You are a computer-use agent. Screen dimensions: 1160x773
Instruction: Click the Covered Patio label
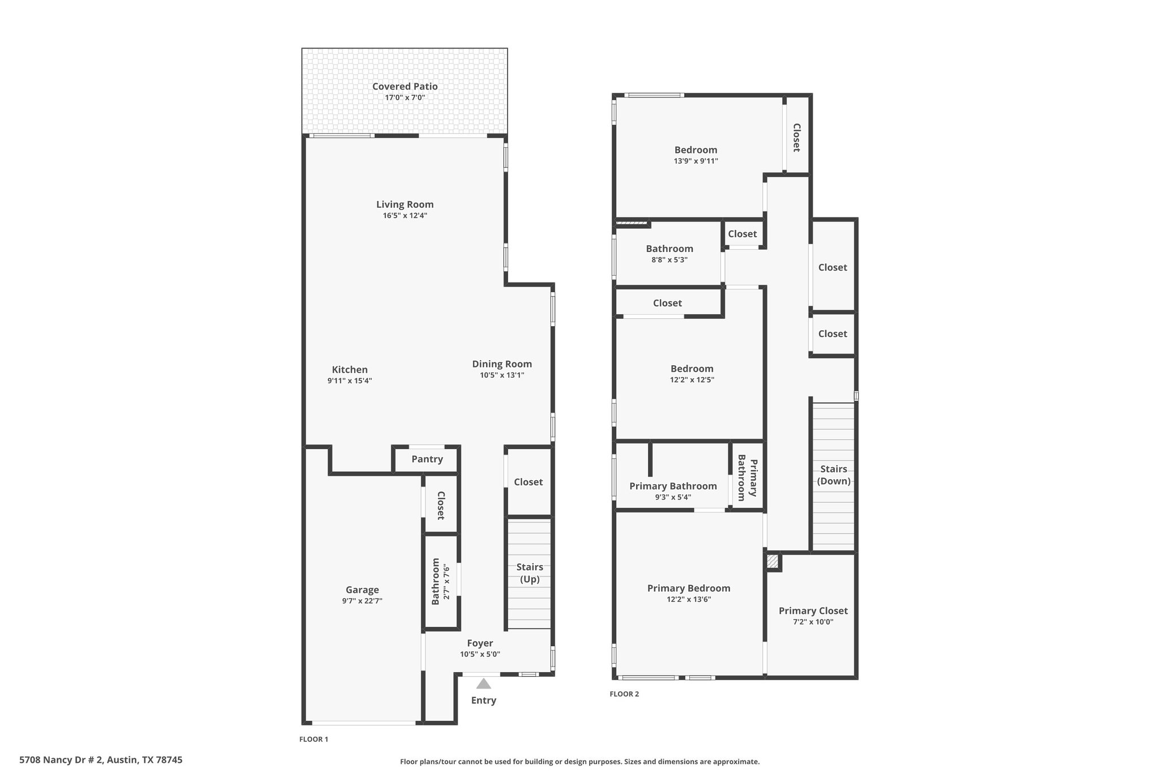pos(404,87)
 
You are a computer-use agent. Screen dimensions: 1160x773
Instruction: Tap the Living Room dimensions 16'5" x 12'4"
pos(404,216)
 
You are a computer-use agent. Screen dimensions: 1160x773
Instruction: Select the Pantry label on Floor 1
pos(427,459)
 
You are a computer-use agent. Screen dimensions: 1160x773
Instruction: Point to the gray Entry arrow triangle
pos(483,684)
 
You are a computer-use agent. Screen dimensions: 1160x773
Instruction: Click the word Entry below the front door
pos(483,701)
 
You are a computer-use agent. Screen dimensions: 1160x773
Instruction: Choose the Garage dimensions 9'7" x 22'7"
pos(362,601)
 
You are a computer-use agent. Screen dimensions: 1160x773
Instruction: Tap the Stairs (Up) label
pos(530,573)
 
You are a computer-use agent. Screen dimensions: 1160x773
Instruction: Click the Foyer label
pos(480,643)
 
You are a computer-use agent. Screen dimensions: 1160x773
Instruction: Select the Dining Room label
pos(502,364)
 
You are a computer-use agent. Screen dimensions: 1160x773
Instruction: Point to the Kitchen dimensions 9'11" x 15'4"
pos(349,381)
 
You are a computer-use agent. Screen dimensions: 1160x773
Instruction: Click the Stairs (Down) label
pos(834,475)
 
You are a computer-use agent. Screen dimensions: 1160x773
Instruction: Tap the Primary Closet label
pos(813,611)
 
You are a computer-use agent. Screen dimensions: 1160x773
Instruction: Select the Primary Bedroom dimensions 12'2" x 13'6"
pos(689,600)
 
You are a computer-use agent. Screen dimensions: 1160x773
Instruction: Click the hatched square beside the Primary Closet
pos(772,561)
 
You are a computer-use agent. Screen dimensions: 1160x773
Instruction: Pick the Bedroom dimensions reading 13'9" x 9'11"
pos(696,161)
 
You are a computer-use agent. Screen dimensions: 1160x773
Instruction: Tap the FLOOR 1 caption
pos(313,739)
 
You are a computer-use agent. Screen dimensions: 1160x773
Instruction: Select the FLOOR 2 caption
pos(624,694)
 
